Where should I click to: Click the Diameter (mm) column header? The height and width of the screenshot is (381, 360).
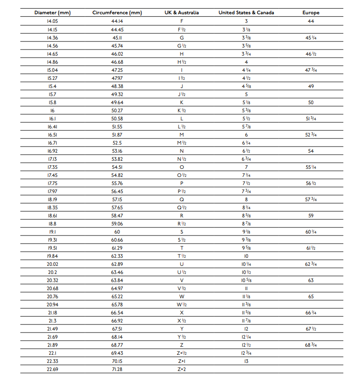click(x=52, y=13)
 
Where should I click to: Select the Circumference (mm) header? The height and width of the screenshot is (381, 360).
click(x=117, y=13)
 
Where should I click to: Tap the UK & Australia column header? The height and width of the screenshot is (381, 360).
click(x=181, y=13)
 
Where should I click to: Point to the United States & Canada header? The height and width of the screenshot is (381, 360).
click(x=246, y=13)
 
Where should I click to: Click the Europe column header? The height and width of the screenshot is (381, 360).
click(x=311, y=13)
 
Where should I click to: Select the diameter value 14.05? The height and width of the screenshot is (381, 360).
click(x=52, y=21)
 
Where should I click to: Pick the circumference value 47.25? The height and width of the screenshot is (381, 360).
click(x=117, y=70)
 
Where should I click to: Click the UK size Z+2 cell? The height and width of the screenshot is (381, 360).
click(x=181, y=369)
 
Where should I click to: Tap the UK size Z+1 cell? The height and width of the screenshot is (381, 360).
click(x=181, y=361)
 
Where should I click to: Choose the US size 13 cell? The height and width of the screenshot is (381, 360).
click(x=246, y=361)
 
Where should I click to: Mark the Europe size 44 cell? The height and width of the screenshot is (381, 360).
click(x=311, y=21)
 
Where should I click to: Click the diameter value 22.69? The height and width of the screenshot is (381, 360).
click(x=52, y=369)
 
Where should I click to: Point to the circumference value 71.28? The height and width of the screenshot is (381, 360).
click(x=117, y=369)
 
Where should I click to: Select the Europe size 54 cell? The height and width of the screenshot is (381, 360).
click(x=311, y=151)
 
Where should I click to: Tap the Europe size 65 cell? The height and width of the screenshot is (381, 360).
click(x=311, y=296)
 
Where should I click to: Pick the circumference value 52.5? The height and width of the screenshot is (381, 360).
click(x=117, y=143)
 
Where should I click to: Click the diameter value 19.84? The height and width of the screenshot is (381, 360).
click(x=52, y=256)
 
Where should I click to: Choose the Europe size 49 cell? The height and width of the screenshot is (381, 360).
click(x=311, y=86)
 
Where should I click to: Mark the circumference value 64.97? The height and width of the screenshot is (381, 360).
click(x=117, y=288)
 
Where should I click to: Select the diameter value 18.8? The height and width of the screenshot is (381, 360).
click(x=52, y=224)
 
